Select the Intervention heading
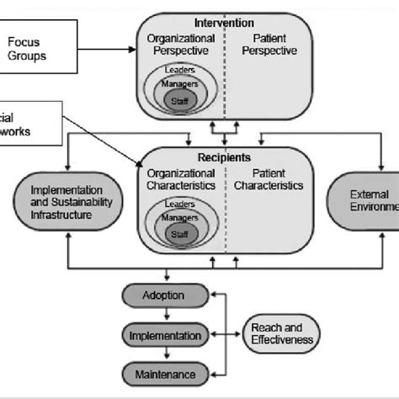click(224, 22)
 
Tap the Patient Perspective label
click(269, 45)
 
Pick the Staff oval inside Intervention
click(176, 98)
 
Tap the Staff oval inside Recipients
click(176, 233)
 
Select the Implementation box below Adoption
click(164, 336)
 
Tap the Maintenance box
click(164, 374)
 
